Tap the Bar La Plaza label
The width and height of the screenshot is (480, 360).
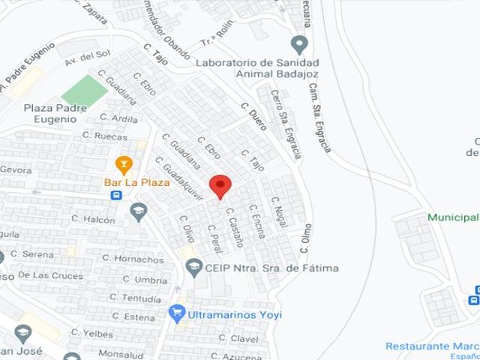136,181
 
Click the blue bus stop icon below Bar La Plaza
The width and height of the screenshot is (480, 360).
116,195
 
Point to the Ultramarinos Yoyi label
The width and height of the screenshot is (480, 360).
235,314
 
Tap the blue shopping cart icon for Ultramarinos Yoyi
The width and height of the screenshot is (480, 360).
177,313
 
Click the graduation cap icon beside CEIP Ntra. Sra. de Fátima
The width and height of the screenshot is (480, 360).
194,267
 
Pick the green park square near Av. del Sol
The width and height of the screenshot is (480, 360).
84,91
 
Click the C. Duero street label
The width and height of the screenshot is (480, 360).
254,116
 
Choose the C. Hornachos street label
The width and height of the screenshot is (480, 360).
133,259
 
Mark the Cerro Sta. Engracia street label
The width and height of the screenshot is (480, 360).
287,124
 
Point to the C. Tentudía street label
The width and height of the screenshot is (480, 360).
135,298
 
